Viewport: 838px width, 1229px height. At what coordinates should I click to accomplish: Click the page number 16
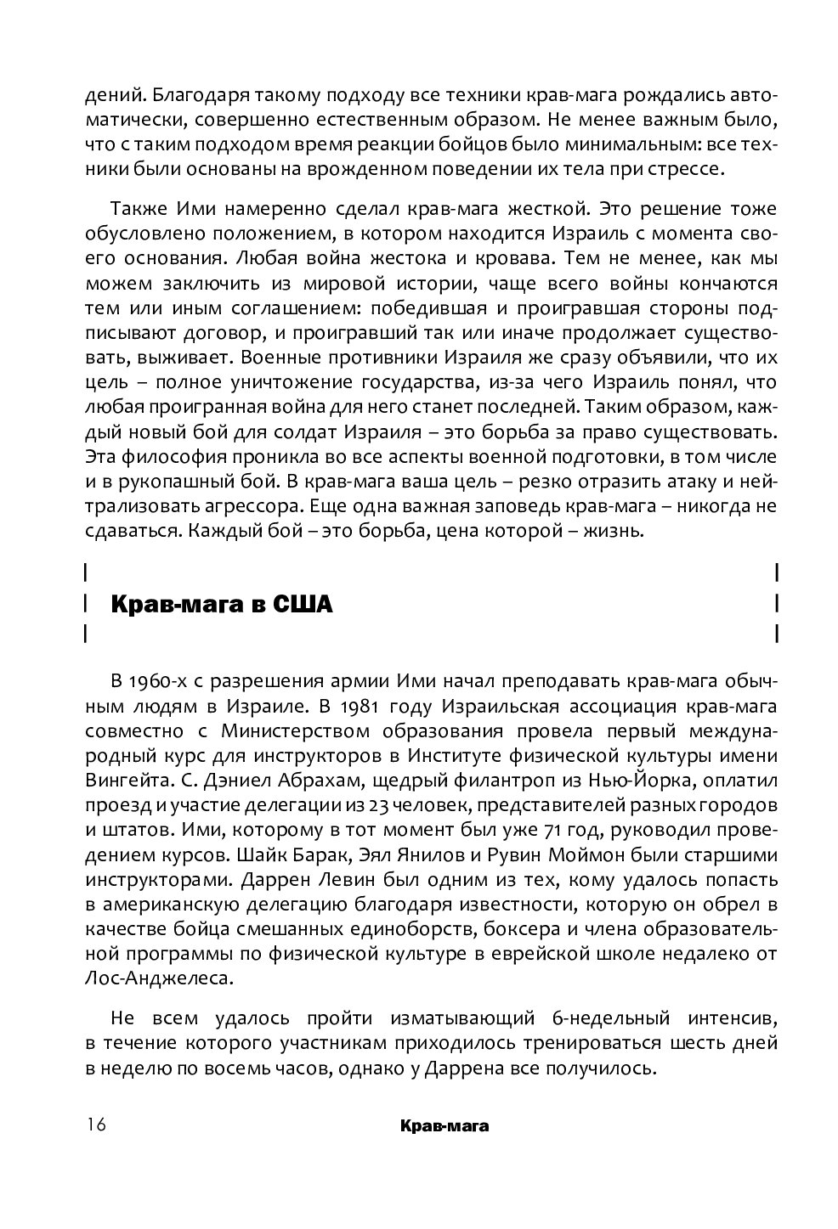[x=95, y=1125]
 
